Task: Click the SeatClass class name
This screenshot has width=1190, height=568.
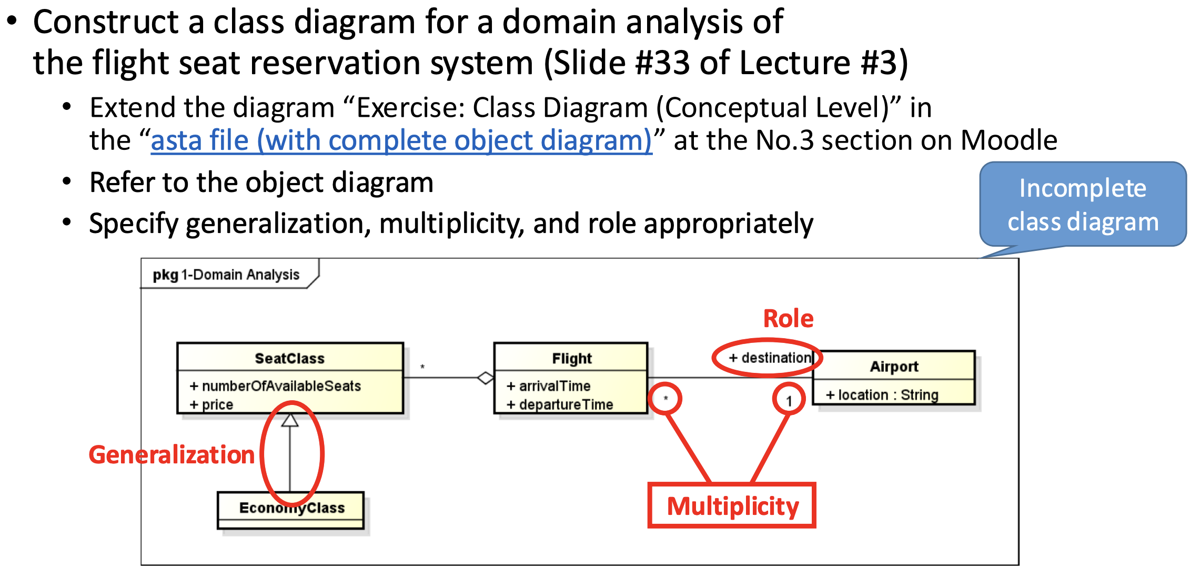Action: (289, 359)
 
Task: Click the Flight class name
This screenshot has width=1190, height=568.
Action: (571, 359)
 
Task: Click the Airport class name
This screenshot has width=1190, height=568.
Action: (893, 367)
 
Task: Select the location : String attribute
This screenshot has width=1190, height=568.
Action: (882, 395)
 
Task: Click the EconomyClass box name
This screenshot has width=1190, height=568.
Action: (291, 508)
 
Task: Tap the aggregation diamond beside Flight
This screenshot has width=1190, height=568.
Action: (485, 378)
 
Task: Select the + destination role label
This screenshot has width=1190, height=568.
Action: (770, 358)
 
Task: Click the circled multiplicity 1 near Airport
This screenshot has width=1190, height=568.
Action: (789, 401)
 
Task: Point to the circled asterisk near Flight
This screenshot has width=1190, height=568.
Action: (665, 399)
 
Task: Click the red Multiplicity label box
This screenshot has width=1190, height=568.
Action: (732, 505)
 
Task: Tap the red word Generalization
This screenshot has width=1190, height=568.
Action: (172, 455)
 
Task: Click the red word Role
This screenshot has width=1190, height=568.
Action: (788, 319)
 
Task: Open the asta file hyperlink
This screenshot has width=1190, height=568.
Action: (401, 141)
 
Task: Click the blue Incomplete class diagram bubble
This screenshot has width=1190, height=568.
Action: (1082, 205)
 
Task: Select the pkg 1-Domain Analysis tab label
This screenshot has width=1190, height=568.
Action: (226, 275)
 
